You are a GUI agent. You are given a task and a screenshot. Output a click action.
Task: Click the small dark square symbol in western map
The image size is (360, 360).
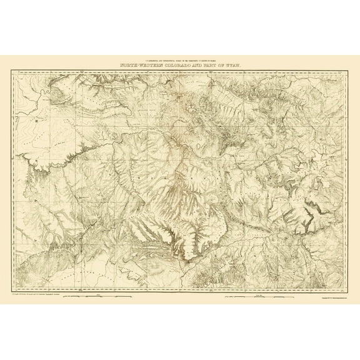pos(37,116)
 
